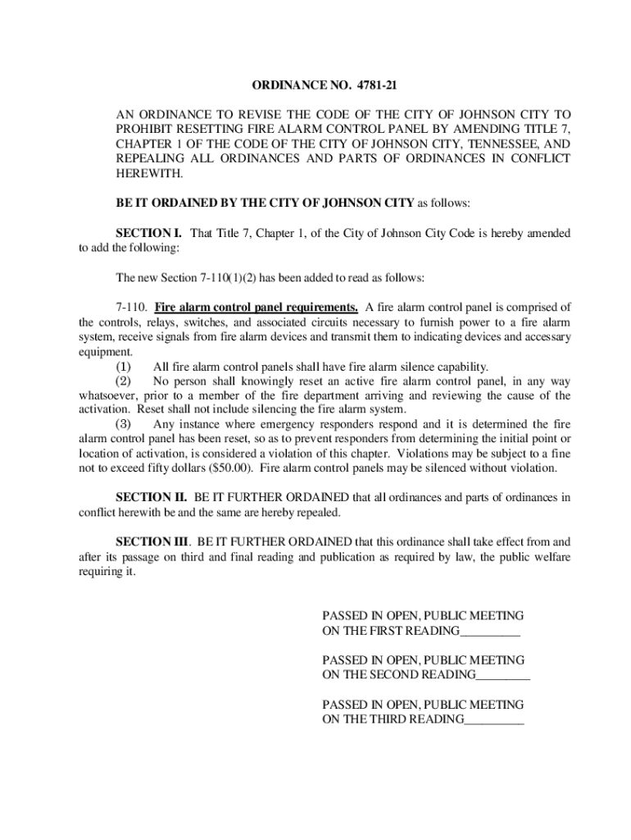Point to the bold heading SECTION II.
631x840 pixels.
tap(152, 498)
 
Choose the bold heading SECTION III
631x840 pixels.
tap(153, 542)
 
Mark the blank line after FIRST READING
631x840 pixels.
tap(490, 632)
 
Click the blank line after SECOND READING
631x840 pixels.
tap(502, 676)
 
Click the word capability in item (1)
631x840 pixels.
tap(459, 367)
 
